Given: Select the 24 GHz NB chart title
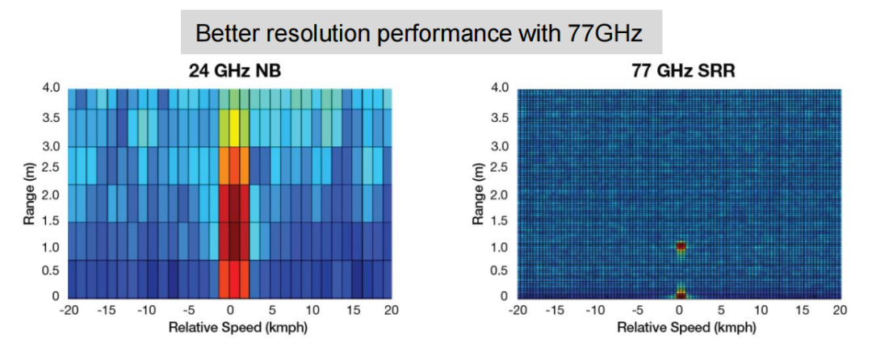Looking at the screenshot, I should [230, 71].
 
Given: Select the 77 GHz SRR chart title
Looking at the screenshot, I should [679, 71].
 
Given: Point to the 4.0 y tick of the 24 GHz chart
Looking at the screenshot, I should [51, 88].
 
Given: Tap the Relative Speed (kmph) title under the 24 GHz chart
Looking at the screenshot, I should [229, 328].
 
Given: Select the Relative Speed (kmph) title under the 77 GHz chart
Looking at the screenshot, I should [679, 328].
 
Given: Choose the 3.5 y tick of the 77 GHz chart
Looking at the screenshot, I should [501, 117].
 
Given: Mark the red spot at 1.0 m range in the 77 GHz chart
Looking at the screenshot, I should [681, 246].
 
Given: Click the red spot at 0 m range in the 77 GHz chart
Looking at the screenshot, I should [681, 295].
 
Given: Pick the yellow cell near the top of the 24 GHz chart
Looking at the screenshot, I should [234, 127].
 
